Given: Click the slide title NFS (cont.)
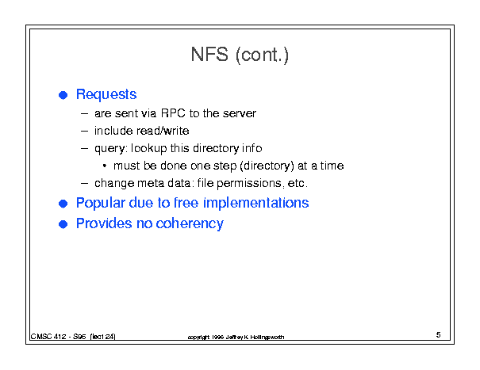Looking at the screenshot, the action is pos(240,55).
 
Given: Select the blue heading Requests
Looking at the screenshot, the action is pos(106,95).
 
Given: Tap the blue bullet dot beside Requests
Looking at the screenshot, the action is pos(63,95).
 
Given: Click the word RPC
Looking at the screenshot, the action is pos(173,113).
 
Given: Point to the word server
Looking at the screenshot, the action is pos(239,113).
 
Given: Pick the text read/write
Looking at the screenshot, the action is pos(163,131).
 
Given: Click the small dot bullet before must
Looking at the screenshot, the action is pos(105,166).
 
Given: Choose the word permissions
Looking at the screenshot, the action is pos(249,184).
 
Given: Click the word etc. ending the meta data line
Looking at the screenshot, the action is pos(298,184).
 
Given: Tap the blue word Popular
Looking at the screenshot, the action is pos(101,204).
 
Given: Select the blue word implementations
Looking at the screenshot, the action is pos(256,204).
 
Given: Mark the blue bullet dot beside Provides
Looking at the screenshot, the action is pos(63,224).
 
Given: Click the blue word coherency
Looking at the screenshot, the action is pos(190,224).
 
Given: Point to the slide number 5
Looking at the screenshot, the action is pos(439,335).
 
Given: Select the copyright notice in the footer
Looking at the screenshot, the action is pos(236,338).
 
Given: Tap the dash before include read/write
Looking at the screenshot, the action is pos(84,132).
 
